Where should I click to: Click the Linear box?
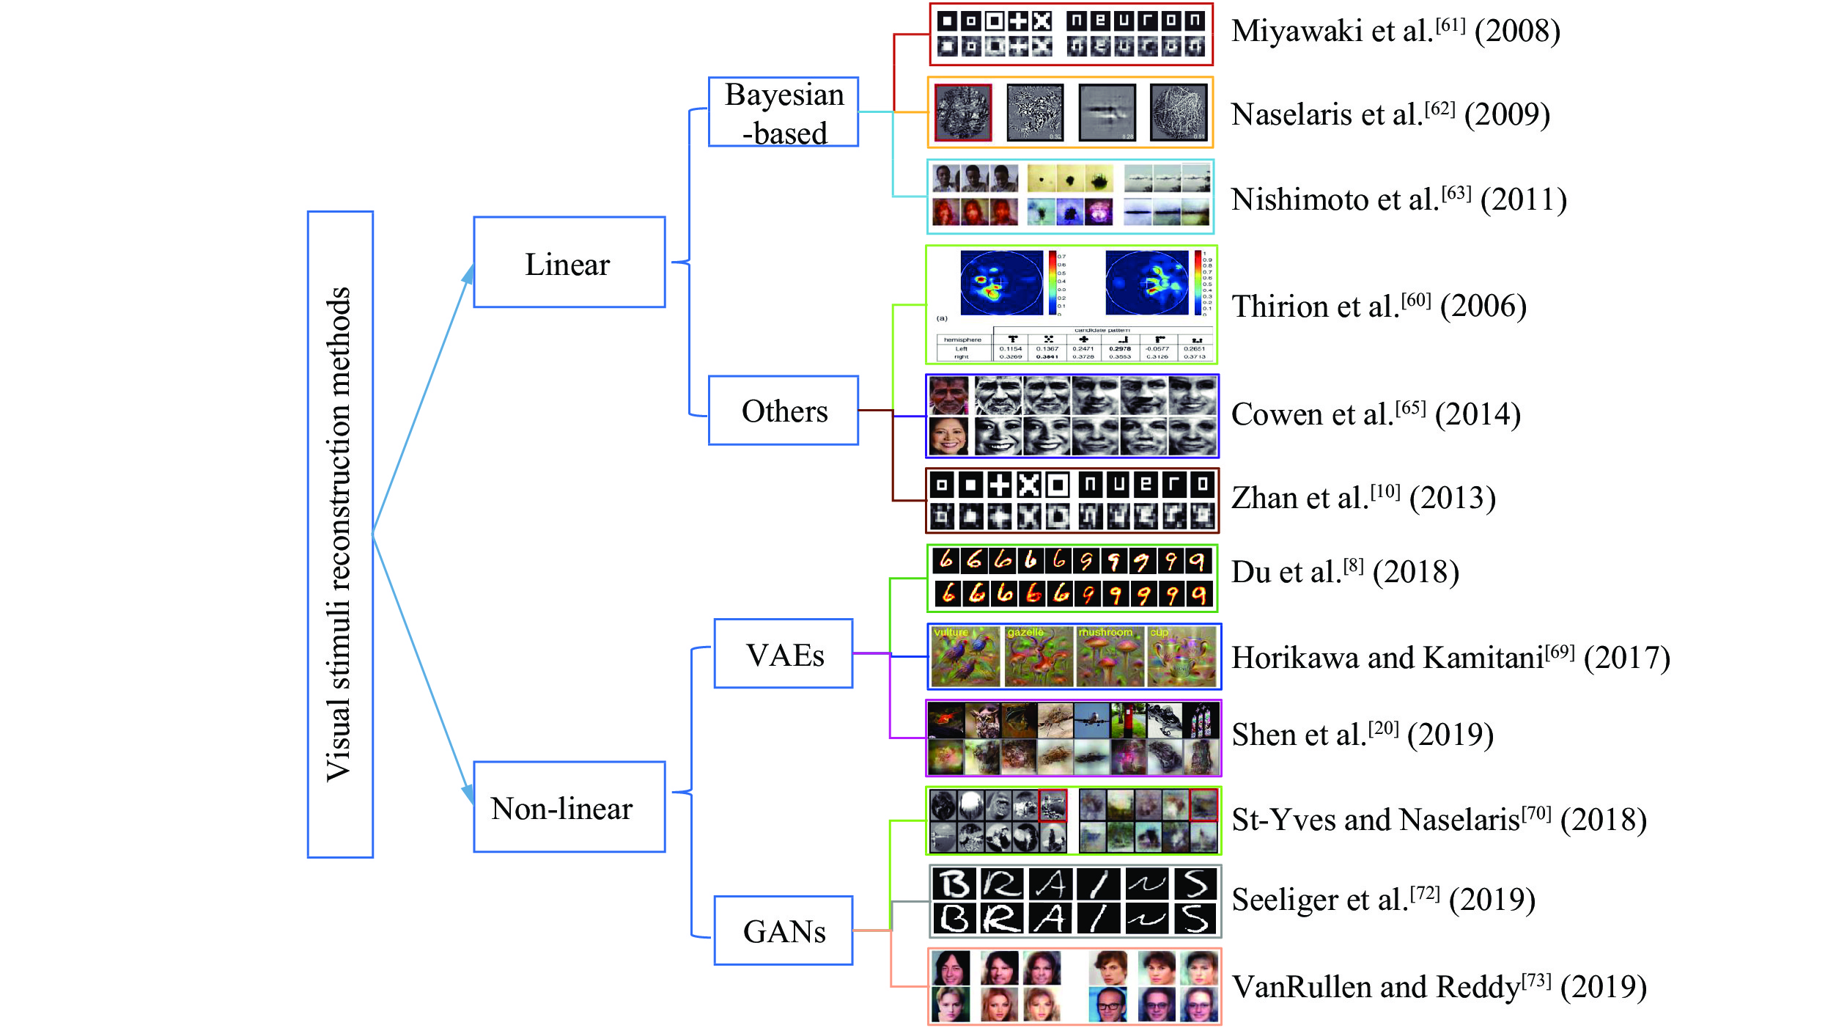(569, 262)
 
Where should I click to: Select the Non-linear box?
(569, 807)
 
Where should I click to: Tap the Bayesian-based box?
(783, 112)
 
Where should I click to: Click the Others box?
(783, 411)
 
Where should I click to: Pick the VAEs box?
(783, 654)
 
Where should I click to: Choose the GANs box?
(783, 930)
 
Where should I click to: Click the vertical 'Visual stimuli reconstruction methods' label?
(339, 534)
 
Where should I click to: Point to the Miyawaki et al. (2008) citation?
(1396, 31)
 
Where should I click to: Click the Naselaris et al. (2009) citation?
(1390, 114)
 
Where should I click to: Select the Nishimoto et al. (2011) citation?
(1398, 199)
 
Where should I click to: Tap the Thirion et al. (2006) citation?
(1379, 306)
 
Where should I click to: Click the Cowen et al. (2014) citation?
(1376, 414)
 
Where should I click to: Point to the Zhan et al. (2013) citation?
(1363, 498)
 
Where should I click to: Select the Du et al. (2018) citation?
(1345, 572)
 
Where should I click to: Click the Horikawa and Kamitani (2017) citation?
(1450, 658)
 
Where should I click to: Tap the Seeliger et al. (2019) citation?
(1383, 899)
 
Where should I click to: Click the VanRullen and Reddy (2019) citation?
(1439, 987)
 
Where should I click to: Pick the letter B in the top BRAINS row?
(954, 885)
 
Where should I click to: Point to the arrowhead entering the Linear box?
(468, 274)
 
